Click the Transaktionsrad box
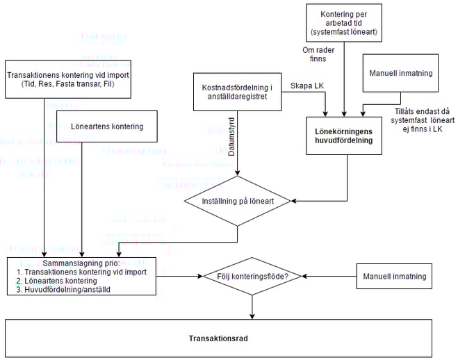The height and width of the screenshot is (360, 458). coord(229,338)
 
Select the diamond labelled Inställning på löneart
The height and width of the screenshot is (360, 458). coord(238,201)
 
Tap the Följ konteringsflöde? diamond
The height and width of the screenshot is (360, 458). coord(252,276)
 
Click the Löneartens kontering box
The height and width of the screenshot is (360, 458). coord(107,126)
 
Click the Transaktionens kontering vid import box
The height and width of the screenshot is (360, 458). coord(60,79)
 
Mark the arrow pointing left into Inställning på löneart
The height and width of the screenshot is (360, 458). coord(320,201)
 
